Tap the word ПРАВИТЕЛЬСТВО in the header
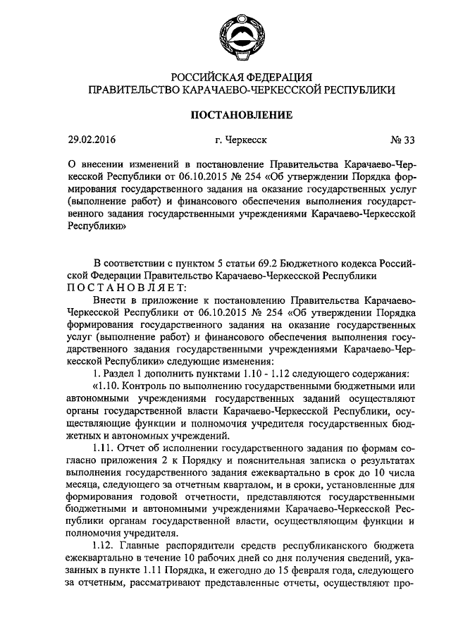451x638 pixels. [128, 90]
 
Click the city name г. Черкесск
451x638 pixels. [235, 140]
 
